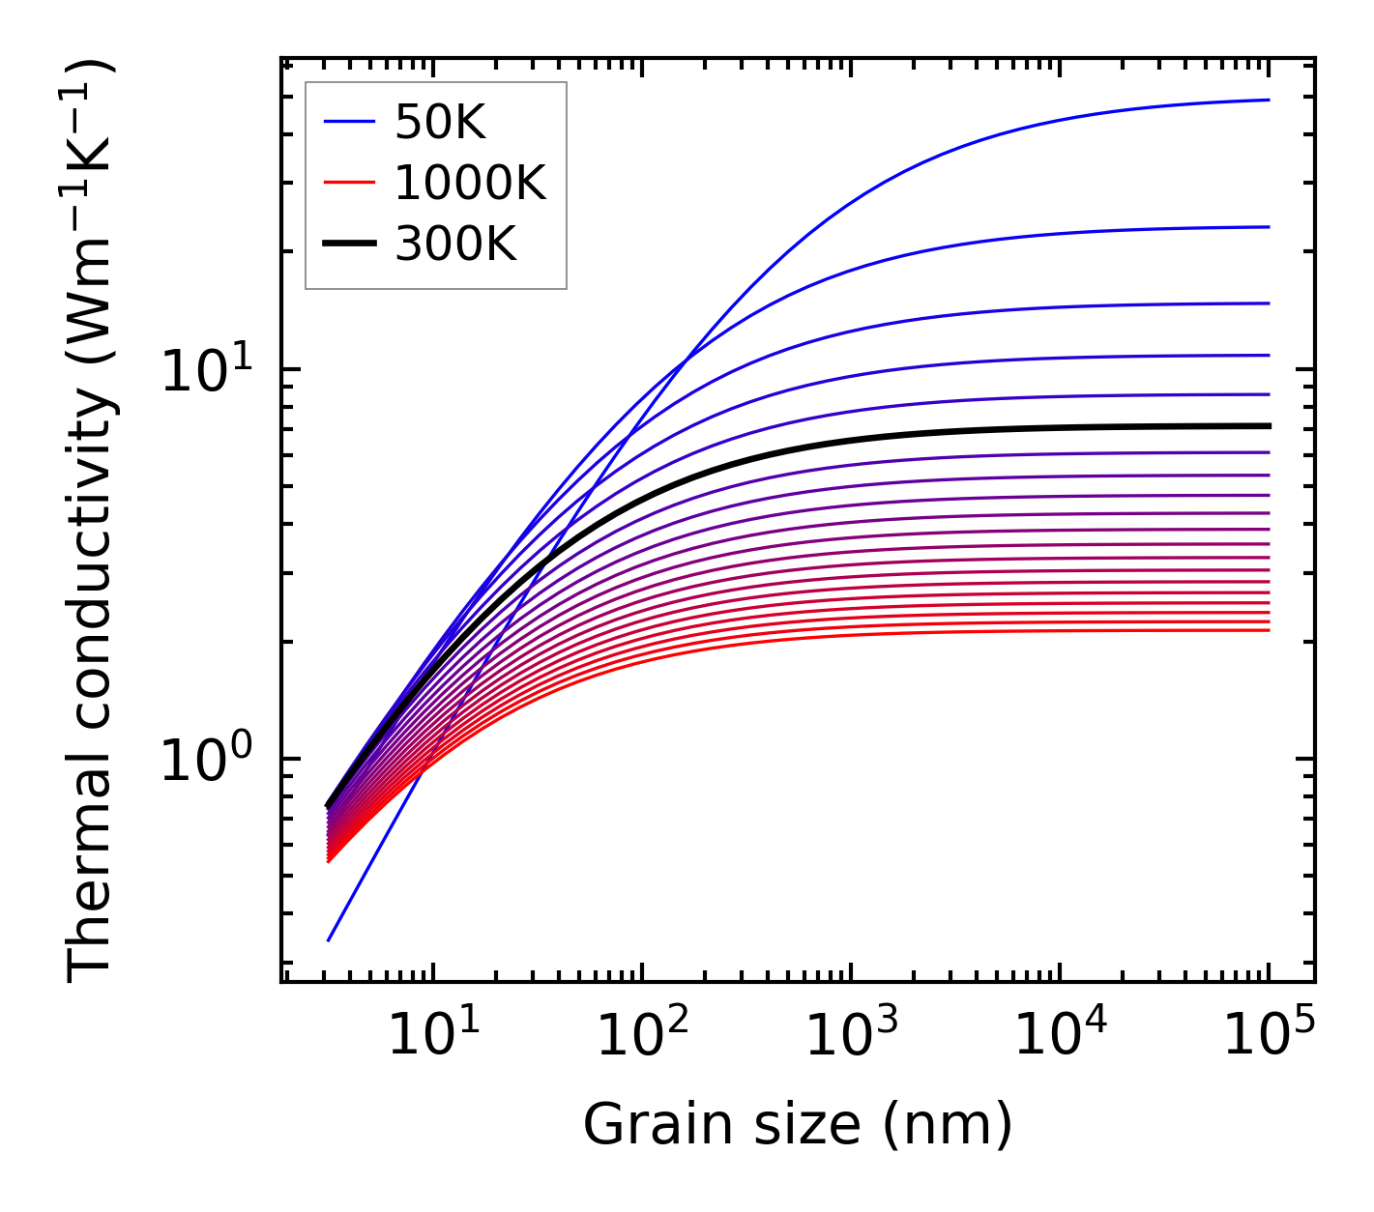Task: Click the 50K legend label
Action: click(x=439, y=123)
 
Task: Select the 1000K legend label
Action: click(x=470, y=183)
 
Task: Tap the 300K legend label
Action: click(x=455, y=245)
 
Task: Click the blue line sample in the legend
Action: click(x=348, y=122)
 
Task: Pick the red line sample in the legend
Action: click(x=348, y=183)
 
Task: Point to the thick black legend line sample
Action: click(x=348, y=245)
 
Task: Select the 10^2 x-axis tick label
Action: click(x=641, y=1038)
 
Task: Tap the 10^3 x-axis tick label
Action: click(x=850, y=1038)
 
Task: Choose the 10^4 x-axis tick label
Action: click(x=1060, y=1038)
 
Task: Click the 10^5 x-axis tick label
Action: click(x=1269, y=1038)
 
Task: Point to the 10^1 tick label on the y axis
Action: click(x=206, y=371)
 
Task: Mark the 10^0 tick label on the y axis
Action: click(x=206, y=761)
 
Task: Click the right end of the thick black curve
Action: click(x=1268, y=425)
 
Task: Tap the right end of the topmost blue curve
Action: click(x=1268, y=100)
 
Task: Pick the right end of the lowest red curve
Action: click(x=1268, y=630)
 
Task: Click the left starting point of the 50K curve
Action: click(x=329, y=939)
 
